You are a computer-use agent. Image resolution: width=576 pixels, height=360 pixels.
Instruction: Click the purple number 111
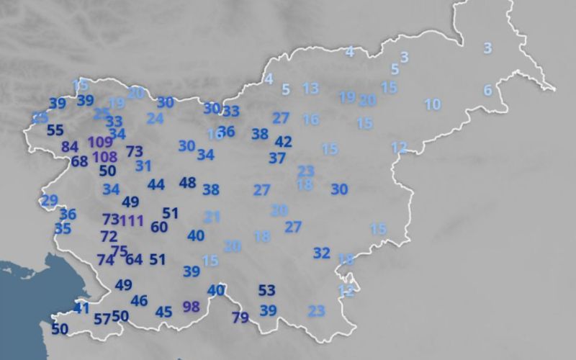click(132, 220)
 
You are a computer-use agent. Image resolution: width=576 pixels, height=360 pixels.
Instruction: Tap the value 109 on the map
click(100, 142)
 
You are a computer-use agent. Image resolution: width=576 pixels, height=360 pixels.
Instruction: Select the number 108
click(104, 156)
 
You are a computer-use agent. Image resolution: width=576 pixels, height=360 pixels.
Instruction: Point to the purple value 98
click(191, 307)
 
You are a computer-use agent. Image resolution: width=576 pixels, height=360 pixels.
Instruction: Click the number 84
click(70, 147)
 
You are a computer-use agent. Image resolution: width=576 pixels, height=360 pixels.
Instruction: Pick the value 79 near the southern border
click(240, 318)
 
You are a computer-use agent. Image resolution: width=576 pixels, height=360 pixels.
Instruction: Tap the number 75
click(119, 251)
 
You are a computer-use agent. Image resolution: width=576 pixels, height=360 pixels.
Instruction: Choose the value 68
click(79, 161)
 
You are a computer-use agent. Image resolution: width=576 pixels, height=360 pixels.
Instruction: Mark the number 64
click(134, 259)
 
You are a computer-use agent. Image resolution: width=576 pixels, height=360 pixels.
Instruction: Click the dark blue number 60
click(159, 228)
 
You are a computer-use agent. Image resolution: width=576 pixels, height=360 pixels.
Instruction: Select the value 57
click(102, 318)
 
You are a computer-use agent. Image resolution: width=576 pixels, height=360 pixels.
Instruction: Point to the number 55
click(55, 131)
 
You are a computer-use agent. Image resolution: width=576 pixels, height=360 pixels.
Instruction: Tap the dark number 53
click(267, 290)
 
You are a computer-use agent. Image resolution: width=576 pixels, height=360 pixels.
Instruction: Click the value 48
click(187, 183)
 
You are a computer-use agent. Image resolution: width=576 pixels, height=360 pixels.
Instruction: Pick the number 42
click(284, 142)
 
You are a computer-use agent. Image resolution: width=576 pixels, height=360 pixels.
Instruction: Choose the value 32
click(321, 253)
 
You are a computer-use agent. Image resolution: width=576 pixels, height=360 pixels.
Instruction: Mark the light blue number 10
click(432, 104)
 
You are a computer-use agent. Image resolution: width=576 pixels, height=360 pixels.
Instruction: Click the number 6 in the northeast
click(487, 90)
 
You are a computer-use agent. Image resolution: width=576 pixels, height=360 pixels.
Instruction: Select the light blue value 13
click(310, 89)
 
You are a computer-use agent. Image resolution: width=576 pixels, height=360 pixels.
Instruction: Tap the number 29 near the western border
click(49, 200)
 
